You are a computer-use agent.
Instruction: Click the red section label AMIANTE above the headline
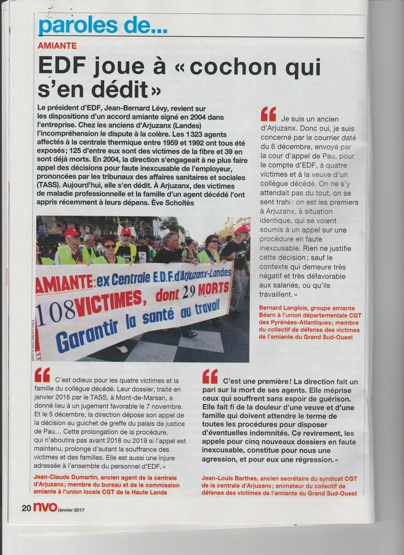pos(57,46)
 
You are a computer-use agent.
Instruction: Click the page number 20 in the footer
pos(26,508)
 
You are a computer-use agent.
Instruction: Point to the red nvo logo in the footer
pos(44,508)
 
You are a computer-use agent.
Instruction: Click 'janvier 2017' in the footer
pos(71,509)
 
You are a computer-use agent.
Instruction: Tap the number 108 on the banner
pos(54,311)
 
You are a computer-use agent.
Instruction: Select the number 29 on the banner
pos(188,292)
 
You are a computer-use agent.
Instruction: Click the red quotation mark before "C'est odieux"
pos(42,375)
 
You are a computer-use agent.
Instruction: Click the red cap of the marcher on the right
pos(242,229)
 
